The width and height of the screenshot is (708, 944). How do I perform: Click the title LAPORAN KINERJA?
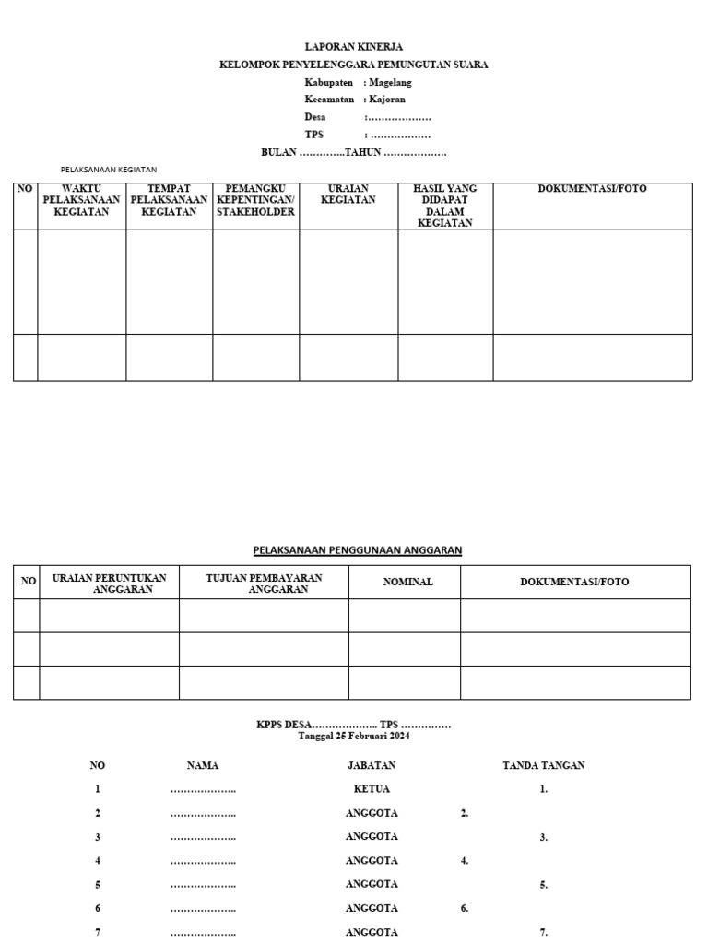click(x=354, y=46)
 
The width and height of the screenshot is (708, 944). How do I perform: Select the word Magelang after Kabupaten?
click(x=390, y=82)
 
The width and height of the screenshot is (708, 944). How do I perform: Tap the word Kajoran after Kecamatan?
click(x=387, y=100)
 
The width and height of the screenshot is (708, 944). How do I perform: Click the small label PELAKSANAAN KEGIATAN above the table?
click(x=109, y=170)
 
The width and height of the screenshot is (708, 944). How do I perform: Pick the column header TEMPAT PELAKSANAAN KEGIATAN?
click(x=169, y=200)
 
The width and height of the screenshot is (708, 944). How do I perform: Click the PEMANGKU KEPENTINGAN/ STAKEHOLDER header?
click(x=255, y=200)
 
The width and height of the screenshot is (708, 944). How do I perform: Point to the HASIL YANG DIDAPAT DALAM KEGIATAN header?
click(x=445, y=206)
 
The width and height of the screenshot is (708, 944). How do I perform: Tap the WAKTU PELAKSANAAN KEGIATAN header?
click(x=81, y=200)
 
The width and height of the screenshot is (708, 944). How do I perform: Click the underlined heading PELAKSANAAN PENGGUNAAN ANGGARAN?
click(x=358, y=550)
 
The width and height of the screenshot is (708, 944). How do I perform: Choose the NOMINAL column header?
click(x=407, y=582)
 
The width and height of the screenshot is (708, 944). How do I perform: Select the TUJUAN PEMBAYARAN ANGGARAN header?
click(x=264, y=583)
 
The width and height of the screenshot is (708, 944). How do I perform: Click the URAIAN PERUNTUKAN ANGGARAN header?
click(x=110, y=583)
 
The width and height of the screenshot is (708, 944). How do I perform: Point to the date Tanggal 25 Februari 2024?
click(x=354, y=737)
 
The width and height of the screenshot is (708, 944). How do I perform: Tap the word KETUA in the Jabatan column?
click(x=372, y=789)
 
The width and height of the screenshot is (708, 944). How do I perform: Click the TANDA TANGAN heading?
click(x=544, y=765)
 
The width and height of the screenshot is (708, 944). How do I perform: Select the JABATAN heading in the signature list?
click(x=372, y=765)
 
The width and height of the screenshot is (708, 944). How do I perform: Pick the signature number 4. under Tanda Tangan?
click(x=465, y=861)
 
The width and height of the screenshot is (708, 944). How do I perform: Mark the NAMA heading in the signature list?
click(x=203, y=765)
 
